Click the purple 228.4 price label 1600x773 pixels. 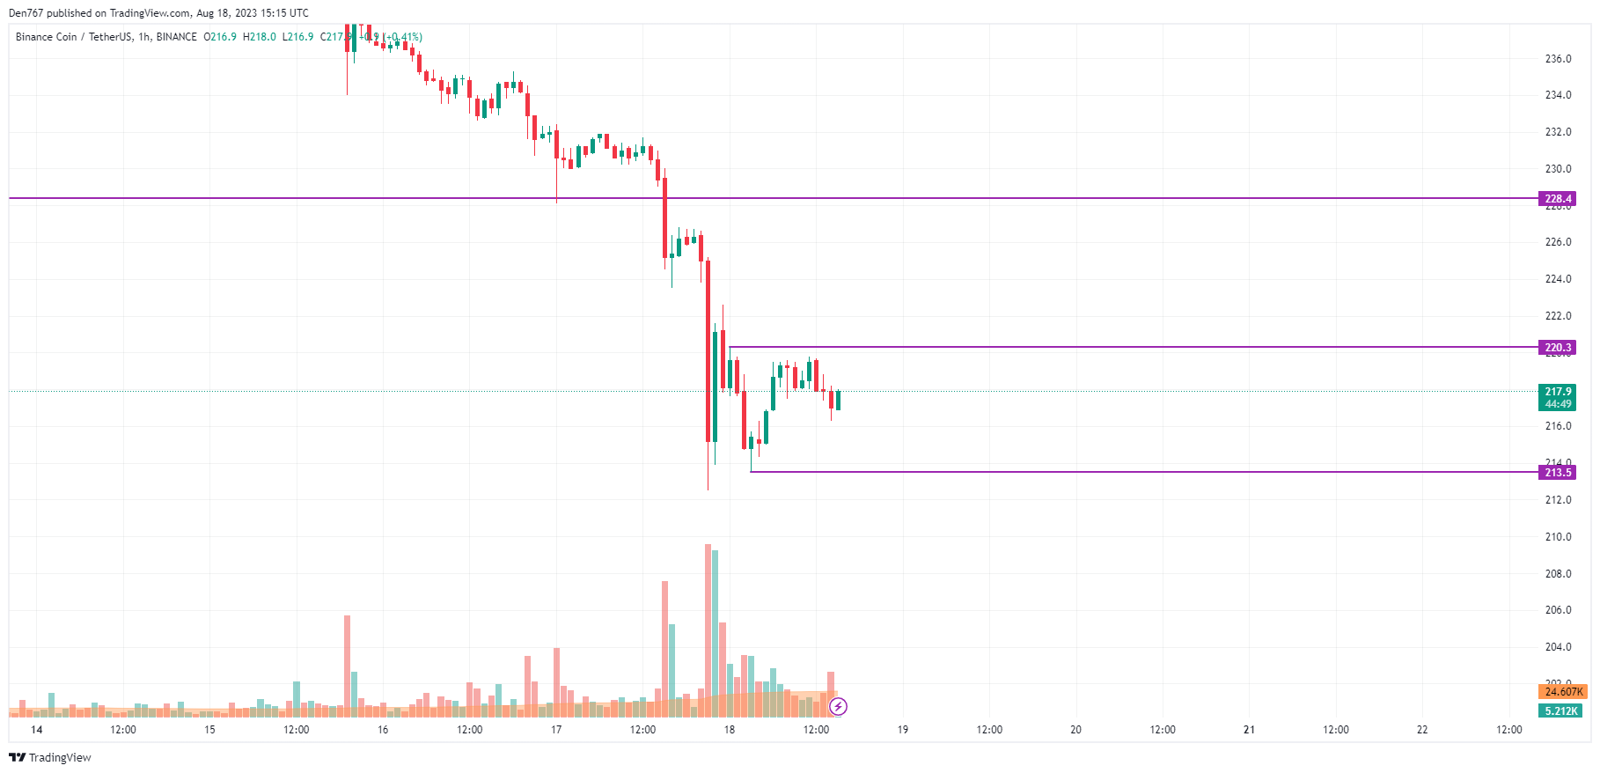tap(1557, 199)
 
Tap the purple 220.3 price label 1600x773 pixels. tap(1557, 348)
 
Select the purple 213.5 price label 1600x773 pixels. tap(1557, 473)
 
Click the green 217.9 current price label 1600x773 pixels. tap(1557, 392)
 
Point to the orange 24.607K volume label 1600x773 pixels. tap(1563, 692)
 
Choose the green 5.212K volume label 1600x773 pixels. tap(1560, 711)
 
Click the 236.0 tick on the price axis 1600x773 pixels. tap(1558, 59)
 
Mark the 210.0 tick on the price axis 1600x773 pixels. tap(1558, 537)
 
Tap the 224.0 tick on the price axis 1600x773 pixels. tap(1558, 279)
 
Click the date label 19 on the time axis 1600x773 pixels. tap(902, 730)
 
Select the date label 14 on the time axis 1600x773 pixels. tap(36, 730)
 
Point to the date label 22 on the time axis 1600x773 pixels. tap(1421, 730)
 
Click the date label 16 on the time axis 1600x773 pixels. tap(383, 730)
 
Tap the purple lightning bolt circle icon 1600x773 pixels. tap(839, 706)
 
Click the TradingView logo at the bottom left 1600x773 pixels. tap(50, 758)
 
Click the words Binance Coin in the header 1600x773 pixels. tap(47, 37)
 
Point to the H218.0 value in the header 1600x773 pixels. tap(260, 37)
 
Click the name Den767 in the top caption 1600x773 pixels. tap(26, 13)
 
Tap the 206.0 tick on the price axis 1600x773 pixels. tap(1558, 610)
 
